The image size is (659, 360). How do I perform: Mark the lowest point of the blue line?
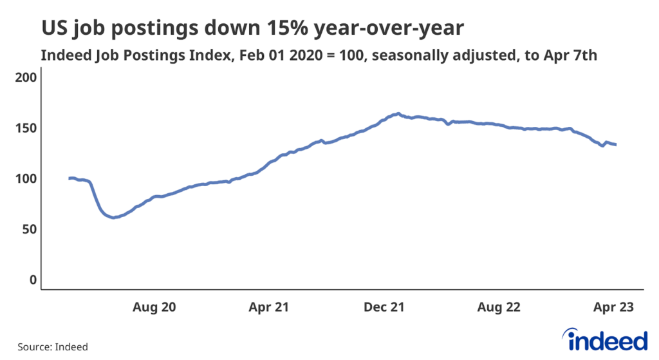coord(113,218)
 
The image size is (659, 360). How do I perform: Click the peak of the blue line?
coord(398,113)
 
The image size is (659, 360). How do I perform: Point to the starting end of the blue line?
coord(69,178)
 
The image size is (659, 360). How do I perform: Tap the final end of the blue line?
coord(616,144)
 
